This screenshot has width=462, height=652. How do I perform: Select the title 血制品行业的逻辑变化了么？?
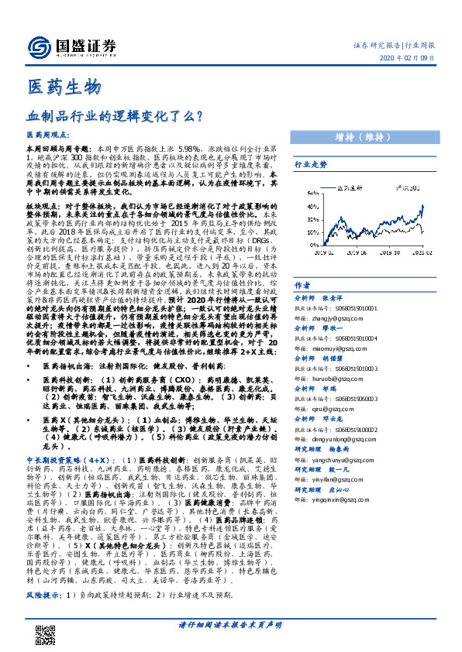tap(115, 116)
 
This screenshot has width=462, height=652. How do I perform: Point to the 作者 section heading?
tap(302, 285)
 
